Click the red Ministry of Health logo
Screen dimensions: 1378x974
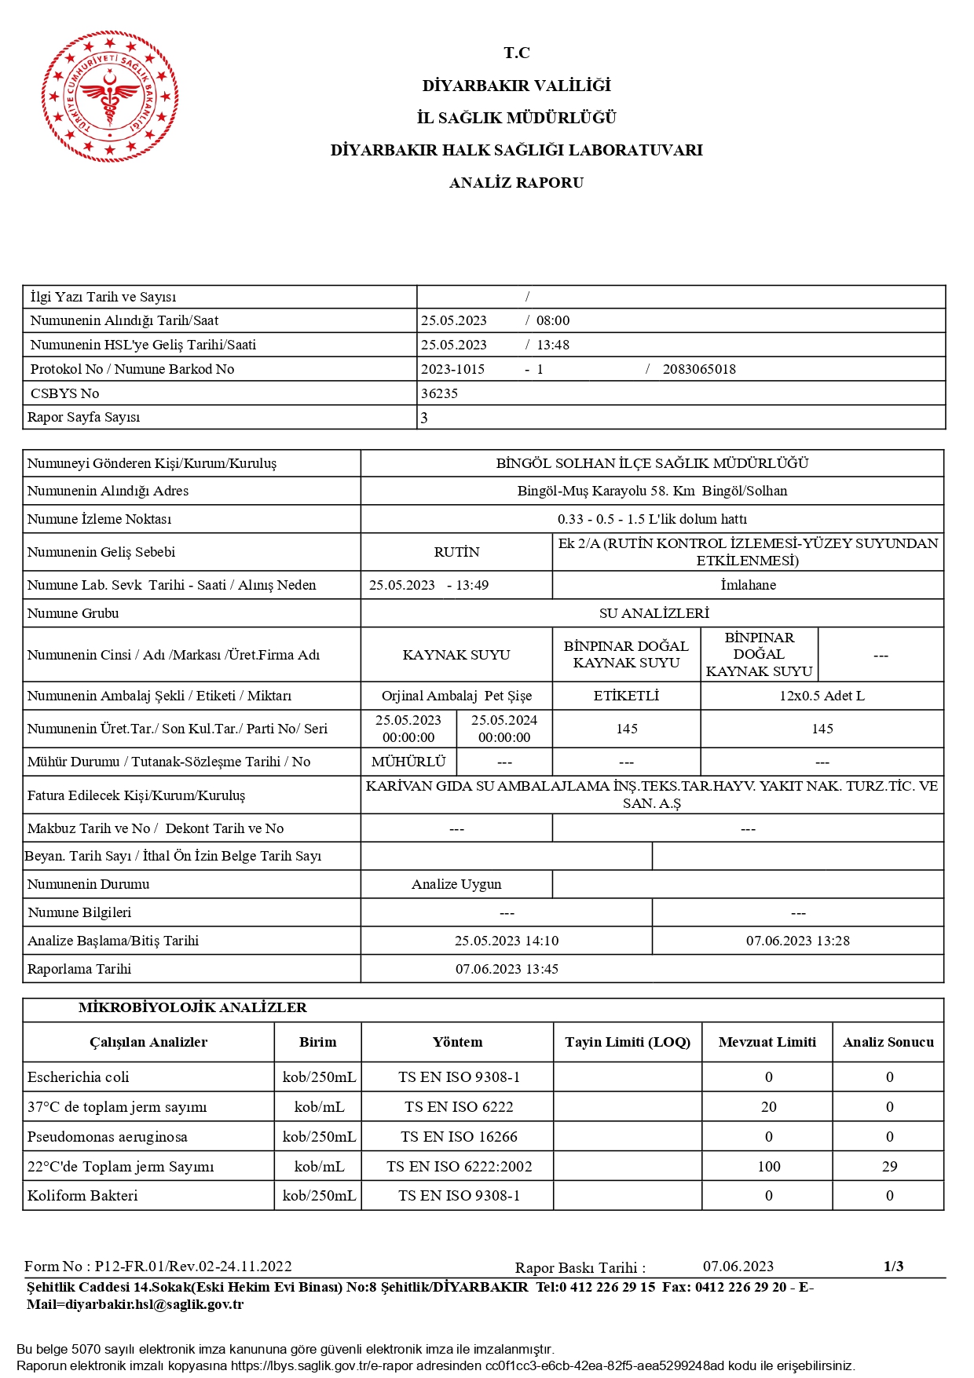click(110, 97)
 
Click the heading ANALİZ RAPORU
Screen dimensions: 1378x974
click(516, 183)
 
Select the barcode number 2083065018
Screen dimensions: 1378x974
click(699, 369)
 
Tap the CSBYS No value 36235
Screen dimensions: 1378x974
click(439, 393)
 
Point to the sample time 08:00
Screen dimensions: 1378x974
click(553, 320)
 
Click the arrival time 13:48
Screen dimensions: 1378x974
click(553, 345)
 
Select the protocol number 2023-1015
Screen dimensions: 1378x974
click(452, 369)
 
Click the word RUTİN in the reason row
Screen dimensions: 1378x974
click(456, 552)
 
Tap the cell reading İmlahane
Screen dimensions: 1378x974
click(748, 585)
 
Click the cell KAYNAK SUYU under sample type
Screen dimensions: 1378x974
click(456, 655)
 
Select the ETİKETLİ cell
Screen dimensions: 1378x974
click(626, 696)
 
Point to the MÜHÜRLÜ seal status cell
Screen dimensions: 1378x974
click(408, 762)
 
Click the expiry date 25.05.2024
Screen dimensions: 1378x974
click(504, 721)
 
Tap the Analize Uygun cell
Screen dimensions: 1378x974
click(456, 884)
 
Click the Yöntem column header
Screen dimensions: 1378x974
click(457, 1042)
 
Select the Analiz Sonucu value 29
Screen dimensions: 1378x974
click(889, 1166)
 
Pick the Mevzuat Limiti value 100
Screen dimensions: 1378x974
click(768, 1166)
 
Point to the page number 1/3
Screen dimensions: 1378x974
click(893, 1266)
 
